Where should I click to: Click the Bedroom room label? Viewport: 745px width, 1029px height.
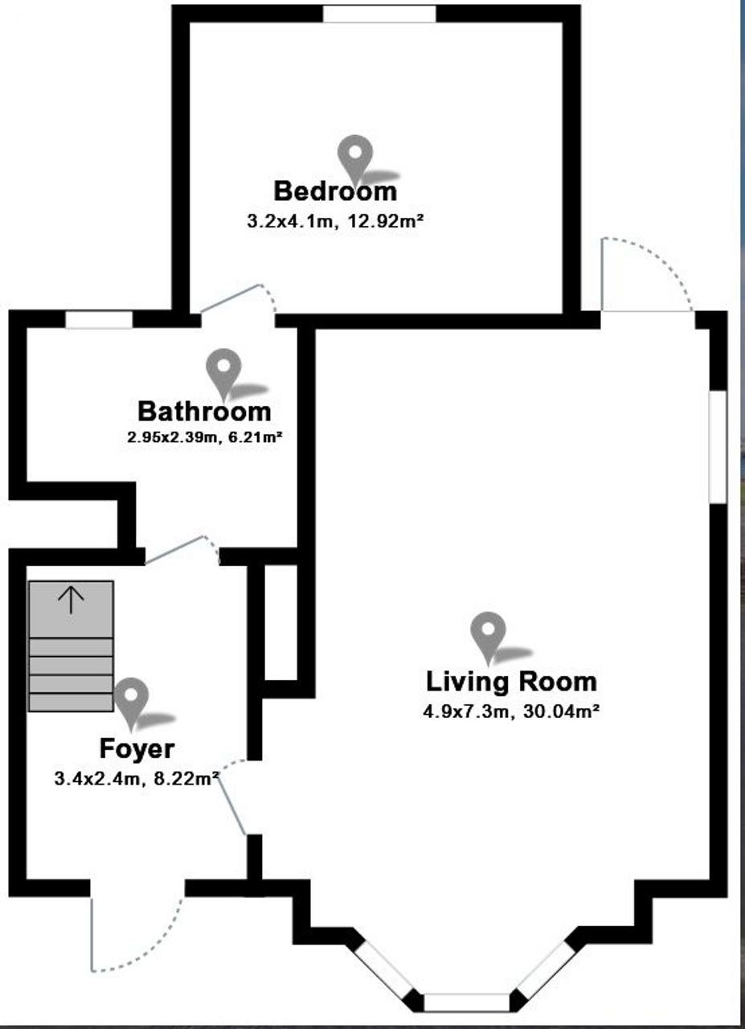pyautogui.click(x=335, y=191)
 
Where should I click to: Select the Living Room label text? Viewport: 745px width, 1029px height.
pyautogui.click(x=511, y=682)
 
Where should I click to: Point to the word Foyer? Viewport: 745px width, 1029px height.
pyautogui.click(x=137, y=749)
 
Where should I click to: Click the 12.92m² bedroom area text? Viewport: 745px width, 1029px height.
pyautogui.click(x=386, y=221)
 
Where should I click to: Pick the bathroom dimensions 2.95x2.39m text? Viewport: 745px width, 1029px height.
pyautogui.click(x=171, y=437)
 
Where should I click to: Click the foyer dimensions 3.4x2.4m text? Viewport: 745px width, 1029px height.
pyautogui.click(x=97, y=779)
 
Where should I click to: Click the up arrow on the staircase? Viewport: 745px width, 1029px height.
pyautogui.click(x=71, y=601)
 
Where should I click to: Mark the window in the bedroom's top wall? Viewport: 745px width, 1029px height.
pyautogui.click(x=379, y=14)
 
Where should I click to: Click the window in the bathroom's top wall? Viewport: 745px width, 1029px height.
pyautogui.click(x=99, y=319)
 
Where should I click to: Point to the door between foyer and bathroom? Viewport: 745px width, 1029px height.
pyautogui.click(x=182, y=550)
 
